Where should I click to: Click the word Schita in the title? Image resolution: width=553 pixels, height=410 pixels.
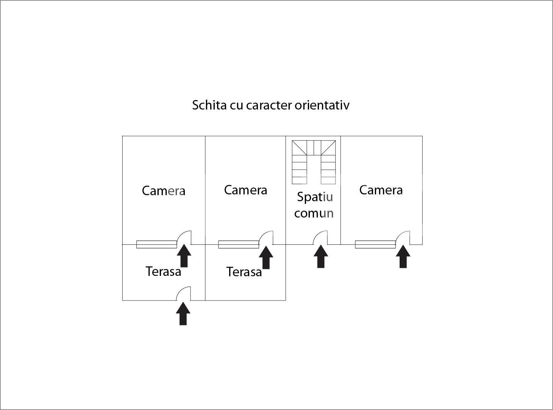tap(209, 105)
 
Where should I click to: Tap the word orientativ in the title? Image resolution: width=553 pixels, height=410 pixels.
tap(322, 105)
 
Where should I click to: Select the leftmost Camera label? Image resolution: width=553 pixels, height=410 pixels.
tap(164, 191)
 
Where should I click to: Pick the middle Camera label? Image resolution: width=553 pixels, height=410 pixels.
tap(245, 190)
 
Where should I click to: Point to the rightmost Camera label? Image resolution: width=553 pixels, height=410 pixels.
tap(381, 190)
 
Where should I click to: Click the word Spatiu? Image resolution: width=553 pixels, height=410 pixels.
tap(315, 197)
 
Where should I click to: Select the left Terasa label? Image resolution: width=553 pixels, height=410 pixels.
tap(163, 272)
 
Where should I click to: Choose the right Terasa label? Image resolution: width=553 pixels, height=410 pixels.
tap(244, 272)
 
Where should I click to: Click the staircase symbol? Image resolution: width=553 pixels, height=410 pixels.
tap(314, 162)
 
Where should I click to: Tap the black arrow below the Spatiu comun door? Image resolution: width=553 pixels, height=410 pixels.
tap(321, 257)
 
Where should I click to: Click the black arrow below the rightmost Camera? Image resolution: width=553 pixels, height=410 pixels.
tap(403, 257)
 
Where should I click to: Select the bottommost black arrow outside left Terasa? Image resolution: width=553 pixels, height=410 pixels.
tap(183, 313)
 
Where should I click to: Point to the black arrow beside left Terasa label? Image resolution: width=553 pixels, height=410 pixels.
tap(184, 256)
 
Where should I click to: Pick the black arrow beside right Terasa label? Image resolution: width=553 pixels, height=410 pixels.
tap(266, 258)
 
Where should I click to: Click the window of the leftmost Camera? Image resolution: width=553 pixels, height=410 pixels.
tap(156, 244)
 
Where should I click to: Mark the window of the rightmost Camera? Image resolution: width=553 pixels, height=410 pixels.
tap(375, 244)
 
